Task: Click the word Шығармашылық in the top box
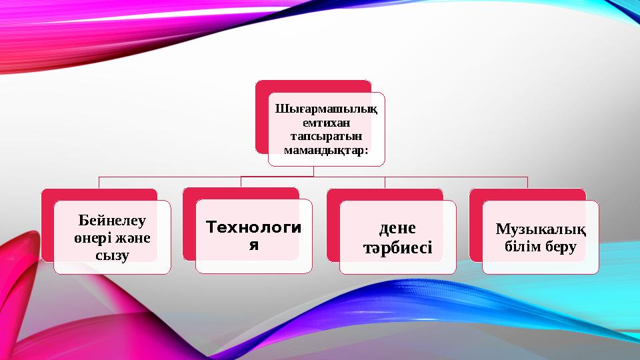(327, 109)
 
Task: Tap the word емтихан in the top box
(327, 123)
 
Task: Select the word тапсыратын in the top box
(327, 136)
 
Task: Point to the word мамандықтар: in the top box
(327, 150)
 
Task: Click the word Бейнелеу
(112, 219)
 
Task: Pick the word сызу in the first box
(112, 255)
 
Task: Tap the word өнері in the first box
(93, 237)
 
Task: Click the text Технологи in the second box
(253, 227)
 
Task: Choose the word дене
(397, 228)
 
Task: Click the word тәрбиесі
(397, 248)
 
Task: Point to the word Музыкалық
(541, 229)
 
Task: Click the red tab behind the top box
(313, 87)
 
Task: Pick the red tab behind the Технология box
(240, 193)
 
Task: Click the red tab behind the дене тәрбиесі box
(384, 194)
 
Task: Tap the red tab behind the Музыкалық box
(527, 194)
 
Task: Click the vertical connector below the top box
(313, 171)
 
